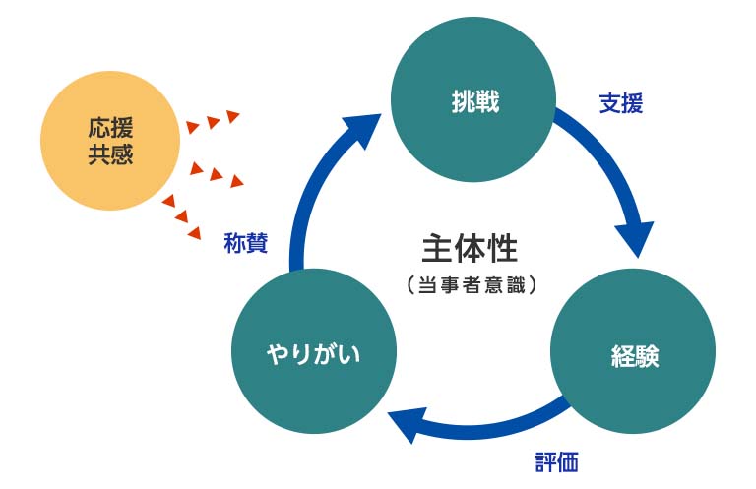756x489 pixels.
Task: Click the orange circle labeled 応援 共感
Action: pos(110,140)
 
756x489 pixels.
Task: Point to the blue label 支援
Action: pos(621,103)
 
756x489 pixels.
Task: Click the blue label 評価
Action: pos(556,460)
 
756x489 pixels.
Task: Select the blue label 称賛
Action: pos(245,243)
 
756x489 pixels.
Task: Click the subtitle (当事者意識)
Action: pos(470,285)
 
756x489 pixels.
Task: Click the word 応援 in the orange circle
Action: pos(110,127)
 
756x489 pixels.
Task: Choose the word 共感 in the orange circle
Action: pos(110,153)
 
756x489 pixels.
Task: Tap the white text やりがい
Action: pos(314,353)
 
